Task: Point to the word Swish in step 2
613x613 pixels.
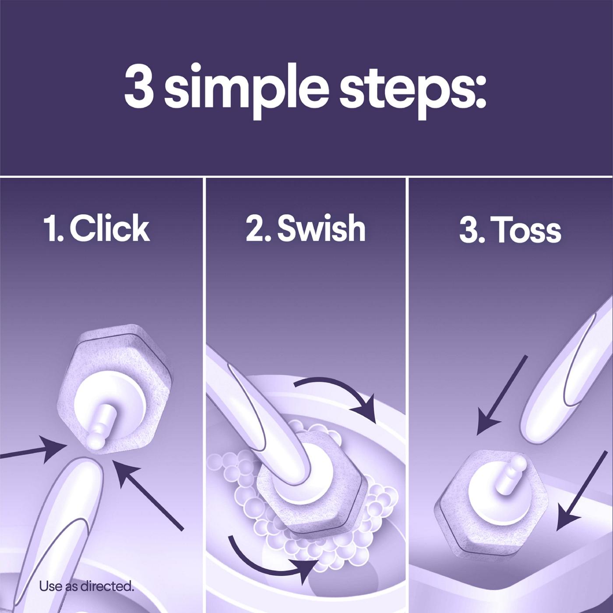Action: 321,228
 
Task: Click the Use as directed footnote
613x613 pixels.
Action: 86,586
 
